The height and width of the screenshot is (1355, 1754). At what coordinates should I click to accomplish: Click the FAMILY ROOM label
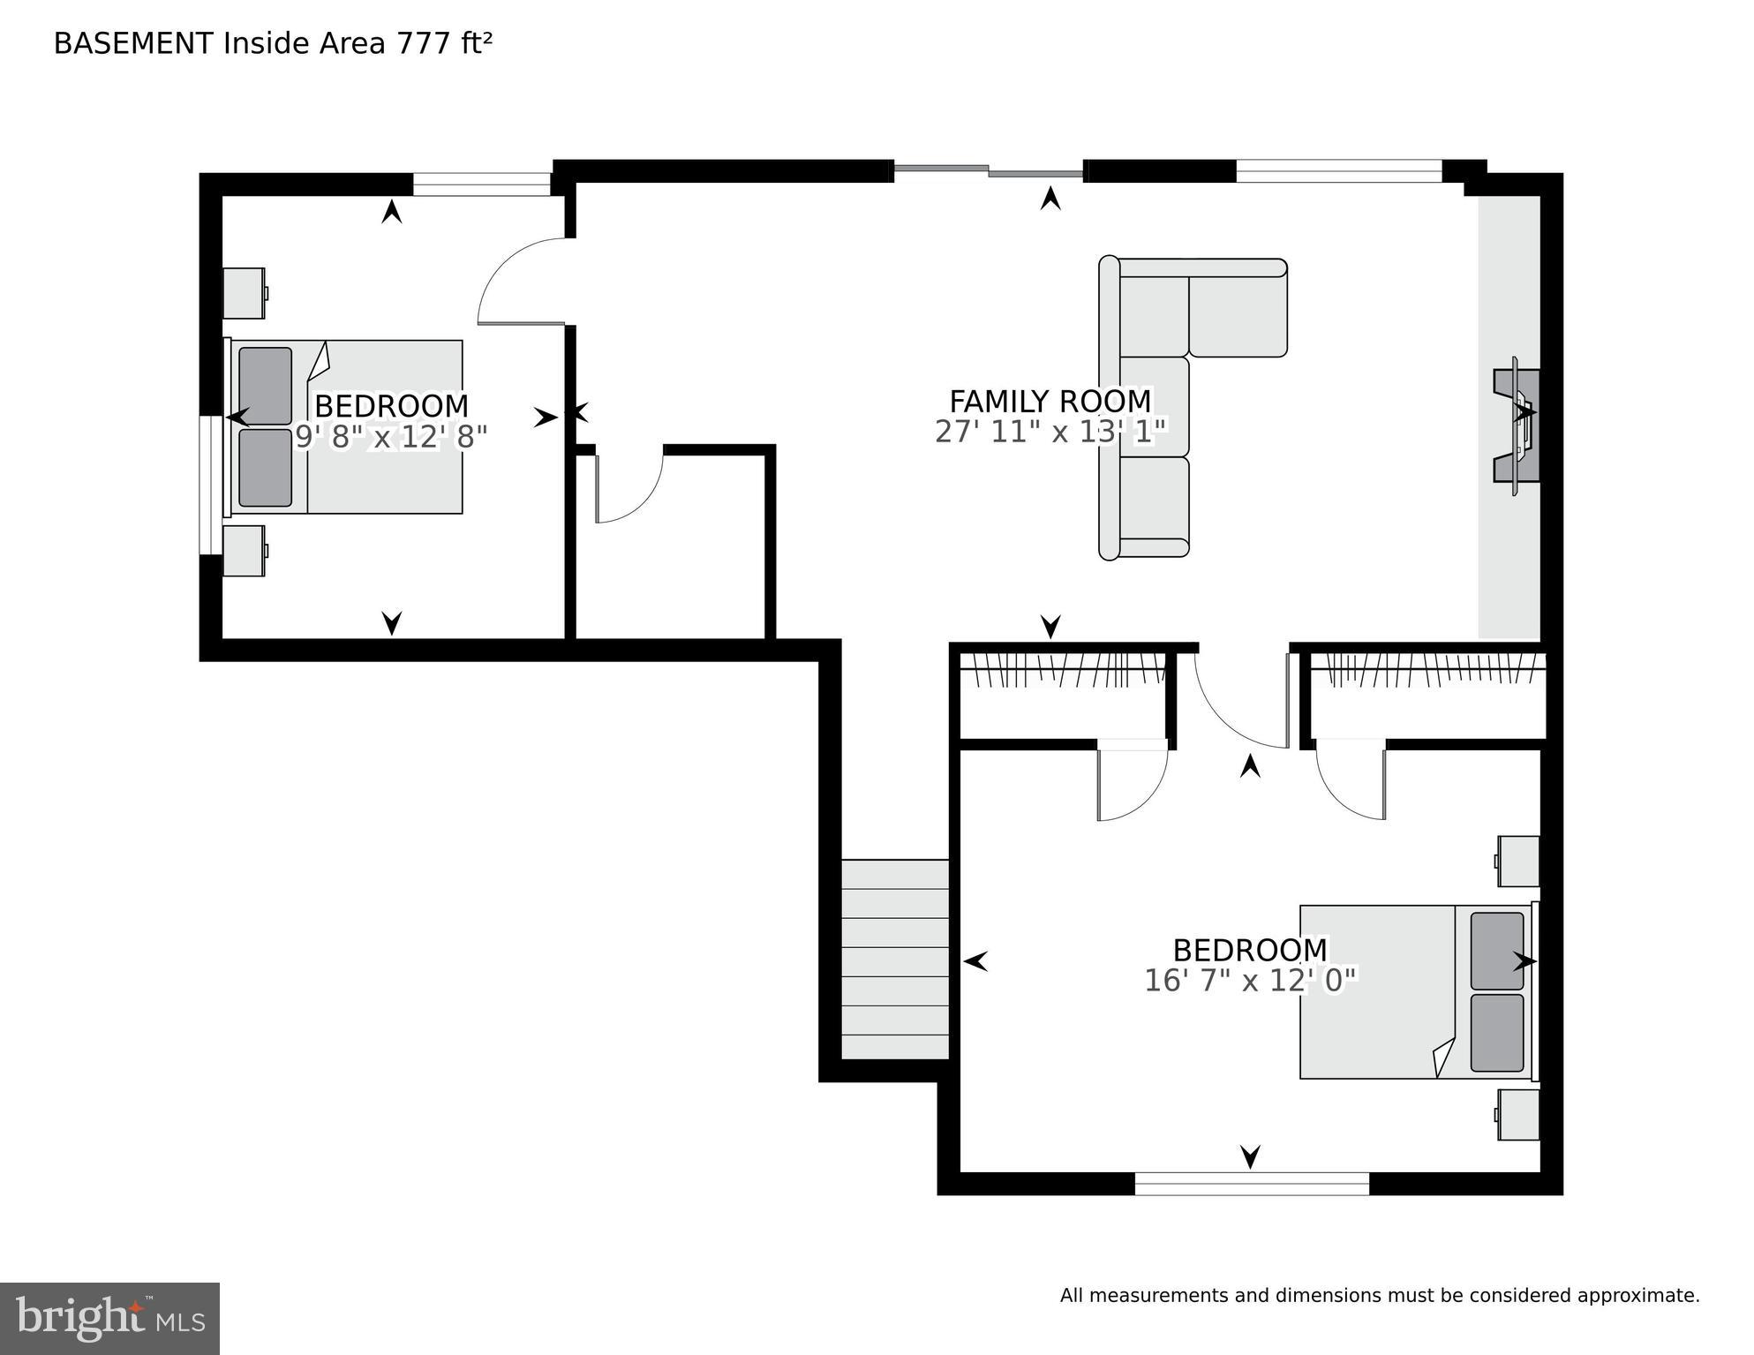[1050, 402]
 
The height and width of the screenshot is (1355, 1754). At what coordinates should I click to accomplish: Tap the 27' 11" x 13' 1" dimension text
[1050, 432]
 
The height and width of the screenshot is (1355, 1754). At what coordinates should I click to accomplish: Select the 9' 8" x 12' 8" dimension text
[391, 436]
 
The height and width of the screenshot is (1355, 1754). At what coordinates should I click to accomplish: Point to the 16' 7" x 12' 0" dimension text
[1249, 981]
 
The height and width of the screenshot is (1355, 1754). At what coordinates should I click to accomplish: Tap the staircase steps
[894, 960]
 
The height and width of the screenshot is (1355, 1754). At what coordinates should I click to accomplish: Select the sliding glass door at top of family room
[988, 169]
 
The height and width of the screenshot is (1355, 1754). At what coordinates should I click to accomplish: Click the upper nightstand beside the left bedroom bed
[244, 293]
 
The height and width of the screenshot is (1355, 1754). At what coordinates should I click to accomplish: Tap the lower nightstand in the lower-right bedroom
[1518, 1114]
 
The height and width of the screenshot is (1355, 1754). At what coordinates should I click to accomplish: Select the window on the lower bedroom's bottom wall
[1251, 1183]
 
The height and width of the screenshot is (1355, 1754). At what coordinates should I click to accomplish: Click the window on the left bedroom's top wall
[481, 184]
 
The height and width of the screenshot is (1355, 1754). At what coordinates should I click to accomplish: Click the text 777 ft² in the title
[444, 43]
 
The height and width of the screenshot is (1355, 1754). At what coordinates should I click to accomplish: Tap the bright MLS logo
[109, 1319]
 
